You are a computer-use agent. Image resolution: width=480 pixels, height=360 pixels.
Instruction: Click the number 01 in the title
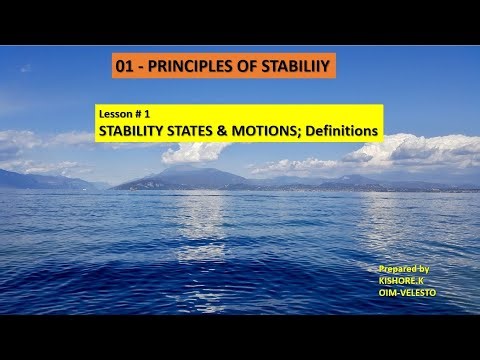125,67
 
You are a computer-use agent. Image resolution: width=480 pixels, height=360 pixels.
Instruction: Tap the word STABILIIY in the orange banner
295,67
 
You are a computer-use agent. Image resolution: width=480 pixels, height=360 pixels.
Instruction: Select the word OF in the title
246,67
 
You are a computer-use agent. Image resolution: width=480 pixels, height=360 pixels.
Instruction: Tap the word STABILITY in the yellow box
134,130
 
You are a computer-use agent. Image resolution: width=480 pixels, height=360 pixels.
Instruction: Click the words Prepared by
404,269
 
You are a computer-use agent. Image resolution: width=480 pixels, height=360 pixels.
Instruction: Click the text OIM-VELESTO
407,292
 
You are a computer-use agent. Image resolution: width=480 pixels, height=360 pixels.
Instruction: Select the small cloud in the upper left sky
26,69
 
